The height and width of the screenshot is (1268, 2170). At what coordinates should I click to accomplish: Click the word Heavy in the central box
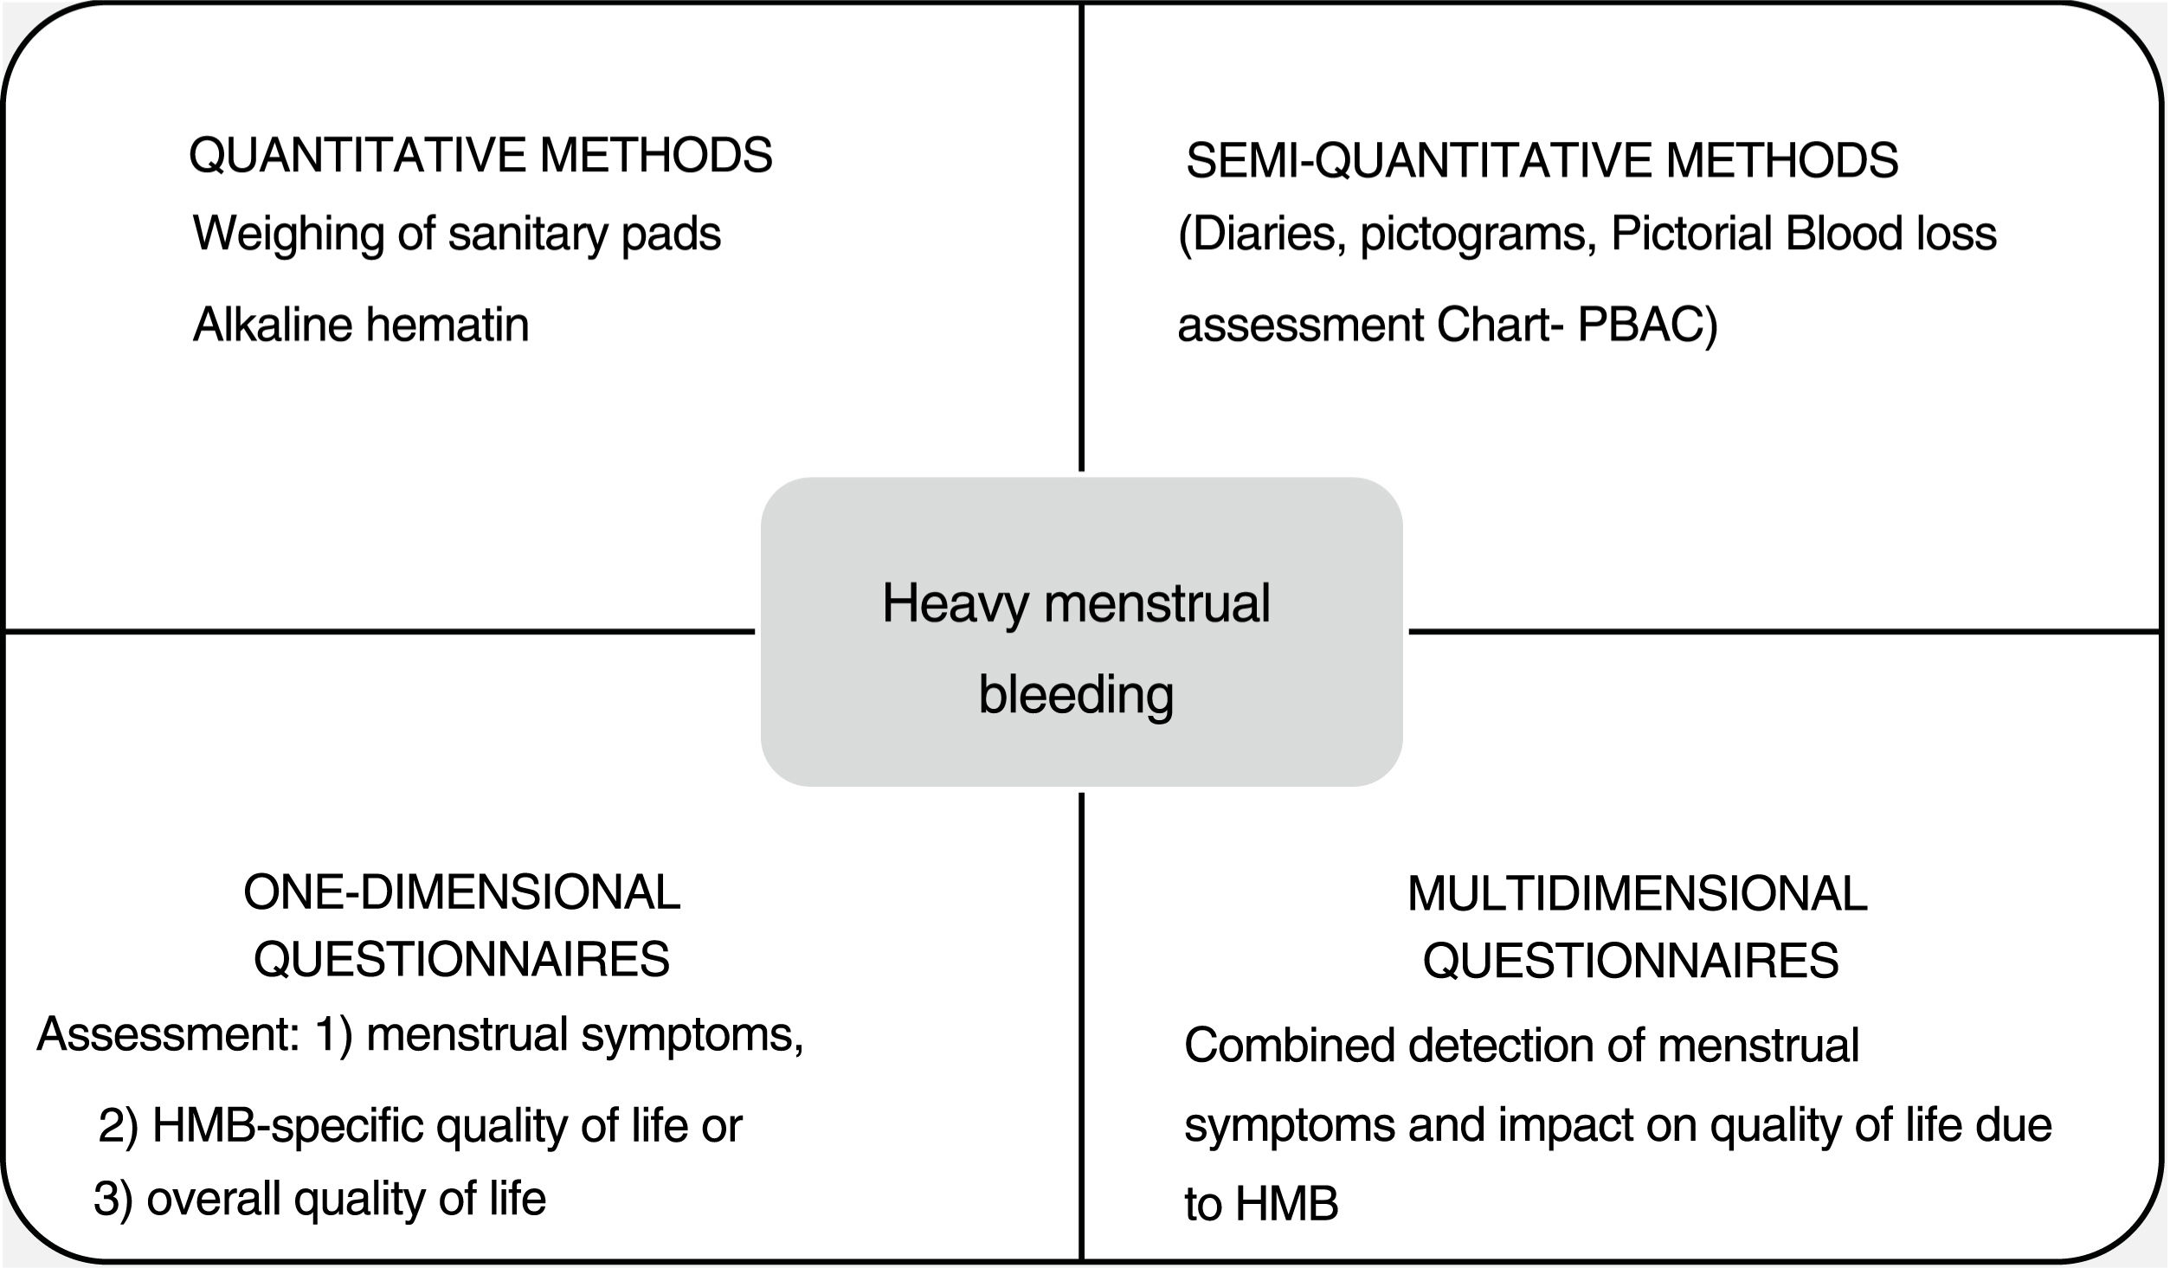point(959,603)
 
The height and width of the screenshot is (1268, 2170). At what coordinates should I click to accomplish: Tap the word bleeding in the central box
point(1076,695)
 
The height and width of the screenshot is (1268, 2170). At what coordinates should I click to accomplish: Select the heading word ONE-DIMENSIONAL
point(461,892)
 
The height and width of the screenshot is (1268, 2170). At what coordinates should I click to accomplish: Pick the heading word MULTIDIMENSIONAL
point(1637,894)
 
